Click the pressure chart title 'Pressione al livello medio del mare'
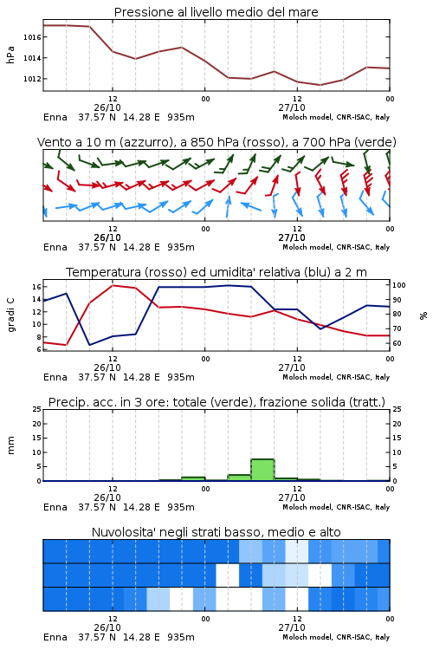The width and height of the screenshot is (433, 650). pyautogui.click(x=216, y=12)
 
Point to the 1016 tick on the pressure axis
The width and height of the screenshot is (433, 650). pyautogui.click(x=32, y=37)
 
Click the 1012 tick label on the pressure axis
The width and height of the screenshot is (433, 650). pyautogui.click(x=32, y=79)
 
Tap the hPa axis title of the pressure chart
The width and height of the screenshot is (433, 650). pyautogui.click(x=10, y=55)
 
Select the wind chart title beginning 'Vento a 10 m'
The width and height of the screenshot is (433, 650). pyautogui.click(x=216, y=142)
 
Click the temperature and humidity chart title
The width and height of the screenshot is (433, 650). pyautogui.click(x=216, y=272)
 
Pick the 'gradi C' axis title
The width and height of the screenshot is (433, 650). pyautogui.click(x=10, y=315)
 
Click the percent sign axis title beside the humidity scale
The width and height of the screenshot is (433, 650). pyautogui.click(x=423, y=315)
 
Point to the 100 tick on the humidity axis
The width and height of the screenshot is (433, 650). pyautogui.click(x=399, y=285)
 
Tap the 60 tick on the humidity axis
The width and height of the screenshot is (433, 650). pyautogui.click(x=397, y=343)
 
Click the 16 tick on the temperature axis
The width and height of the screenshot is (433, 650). pyautogui.click(x=36, y=287)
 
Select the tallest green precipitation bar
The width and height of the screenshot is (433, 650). pyautogui.click(x=262, y=470)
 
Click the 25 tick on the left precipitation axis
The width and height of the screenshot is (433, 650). pyautogui.click(x=37, y=409)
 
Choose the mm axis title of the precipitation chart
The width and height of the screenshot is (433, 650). pyautogui.click(x=10, y=445)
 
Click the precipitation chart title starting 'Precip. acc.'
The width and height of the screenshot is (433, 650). pyautogui.click(x=216, y=402)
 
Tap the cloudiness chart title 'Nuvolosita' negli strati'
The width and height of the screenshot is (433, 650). pyautogui.click(x=216, y=532)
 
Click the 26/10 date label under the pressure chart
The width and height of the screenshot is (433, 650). pyautogui.click(x=107, y=107)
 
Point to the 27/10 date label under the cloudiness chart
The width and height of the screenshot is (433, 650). pyautogui.click(x=292, y=627)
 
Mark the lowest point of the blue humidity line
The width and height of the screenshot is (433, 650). pyautogui.click(x=89, y=345)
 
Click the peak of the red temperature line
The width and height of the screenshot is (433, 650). pyautogui.click(x=113, y=285)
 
